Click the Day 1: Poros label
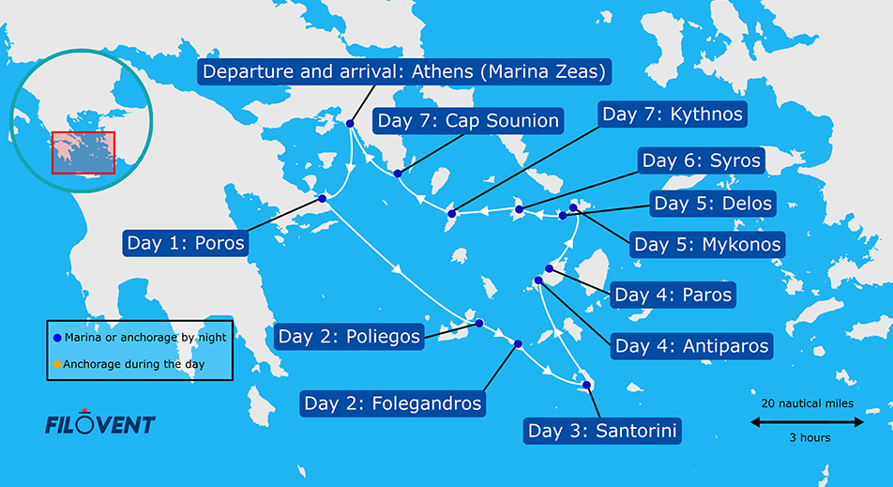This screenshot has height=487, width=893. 185,244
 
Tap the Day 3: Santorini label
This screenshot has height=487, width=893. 602,432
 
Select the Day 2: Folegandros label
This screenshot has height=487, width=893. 393,403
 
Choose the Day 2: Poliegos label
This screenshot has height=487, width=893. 349,337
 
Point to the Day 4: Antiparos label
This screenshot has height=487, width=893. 691,345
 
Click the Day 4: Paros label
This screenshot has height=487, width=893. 672,295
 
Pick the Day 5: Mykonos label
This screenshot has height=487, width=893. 707,245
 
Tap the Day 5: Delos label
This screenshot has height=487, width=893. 713,204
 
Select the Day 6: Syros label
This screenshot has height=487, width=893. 701,160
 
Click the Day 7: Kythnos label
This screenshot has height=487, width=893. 673,114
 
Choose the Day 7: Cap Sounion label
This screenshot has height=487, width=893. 467,121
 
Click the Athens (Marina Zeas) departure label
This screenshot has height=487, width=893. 404,72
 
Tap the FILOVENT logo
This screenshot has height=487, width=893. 99,424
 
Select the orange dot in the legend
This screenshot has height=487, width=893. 56,365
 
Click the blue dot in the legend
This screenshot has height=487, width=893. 56,337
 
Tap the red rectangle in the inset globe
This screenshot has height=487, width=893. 83,153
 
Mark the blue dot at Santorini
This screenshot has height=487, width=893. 586,385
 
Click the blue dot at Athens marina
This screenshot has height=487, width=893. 350,123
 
